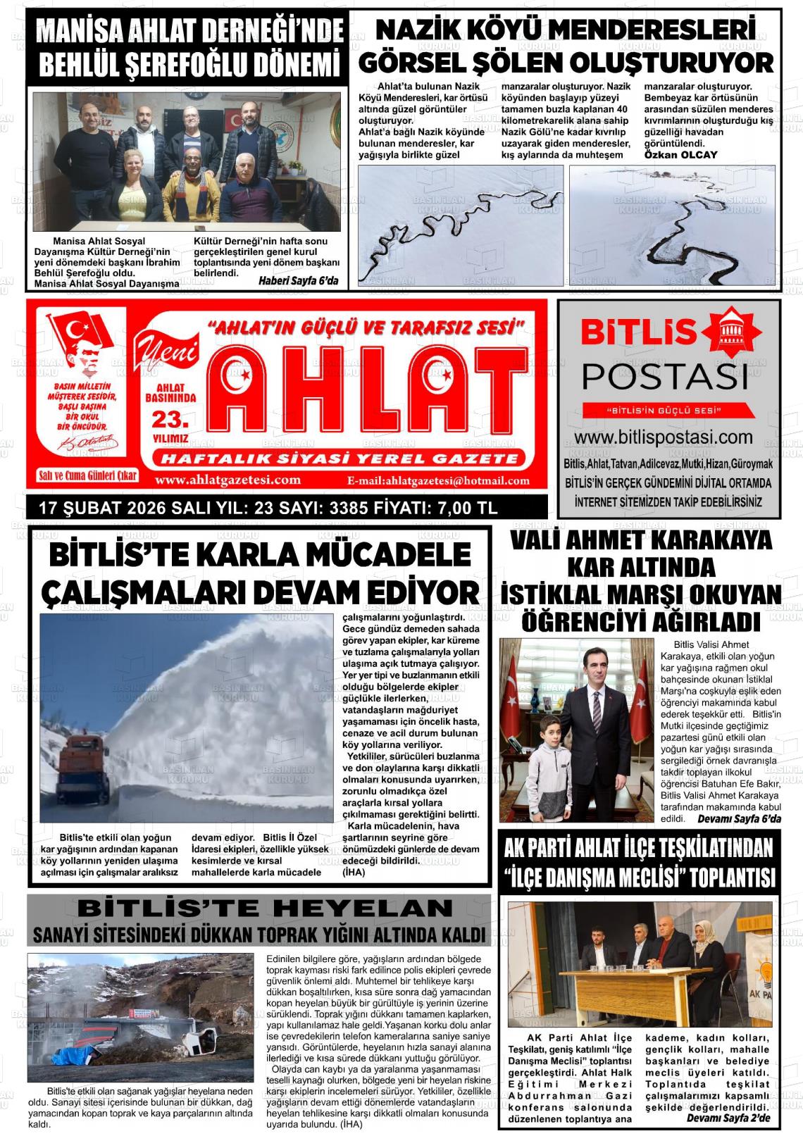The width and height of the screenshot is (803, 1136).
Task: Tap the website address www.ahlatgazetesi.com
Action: click(228, 480)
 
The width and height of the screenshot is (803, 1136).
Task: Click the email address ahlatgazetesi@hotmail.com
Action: click(439, 481)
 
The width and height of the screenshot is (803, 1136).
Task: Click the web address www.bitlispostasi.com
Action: click(668, 437)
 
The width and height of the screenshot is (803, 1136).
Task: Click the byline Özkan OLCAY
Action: click(681, 154)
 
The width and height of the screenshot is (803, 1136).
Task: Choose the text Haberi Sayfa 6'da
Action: click(298, 282)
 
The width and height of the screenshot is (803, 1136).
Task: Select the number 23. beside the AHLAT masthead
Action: click(170, 420)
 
